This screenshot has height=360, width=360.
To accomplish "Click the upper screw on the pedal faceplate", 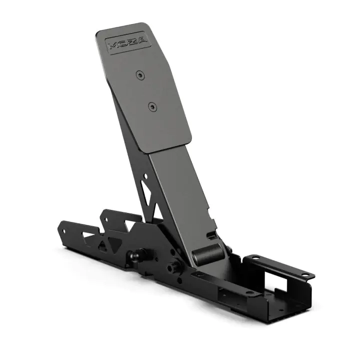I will pyautogui.click(x=139, y=74).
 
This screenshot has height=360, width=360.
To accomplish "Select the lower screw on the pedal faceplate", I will pyautogui.click(x=151, y=106).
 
